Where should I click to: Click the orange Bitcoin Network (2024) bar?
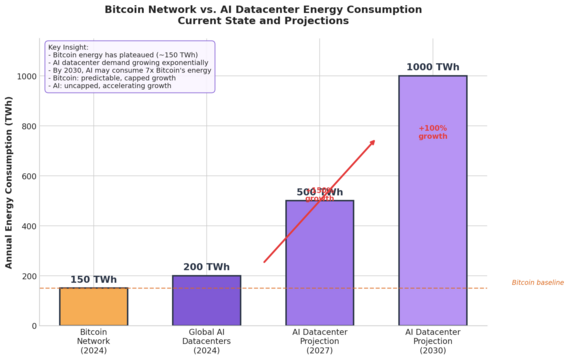tap(93, 307)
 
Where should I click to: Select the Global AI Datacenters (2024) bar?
tap(206, 301)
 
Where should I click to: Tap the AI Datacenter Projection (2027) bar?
tap(319, 263)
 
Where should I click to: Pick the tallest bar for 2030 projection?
tap(432, 200)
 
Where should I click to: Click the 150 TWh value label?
tap(93, 280)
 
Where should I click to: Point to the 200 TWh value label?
tap(206, 267)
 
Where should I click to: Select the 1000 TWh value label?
tap(432, 67)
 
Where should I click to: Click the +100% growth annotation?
tap(433, 132)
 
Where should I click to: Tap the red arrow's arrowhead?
tap(372, 142)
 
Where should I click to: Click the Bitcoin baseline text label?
tap(538, 283)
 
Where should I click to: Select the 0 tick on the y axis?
tap(32, 326)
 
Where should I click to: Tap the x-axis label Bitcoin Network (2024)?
tap(93, 341)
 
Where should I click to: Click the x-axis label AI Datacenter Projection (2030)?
tap(432, 341)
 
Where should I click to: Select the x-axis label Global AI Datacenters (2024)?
tap(206, 341)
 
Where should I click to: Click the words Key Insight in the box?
tap(67, 47)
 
